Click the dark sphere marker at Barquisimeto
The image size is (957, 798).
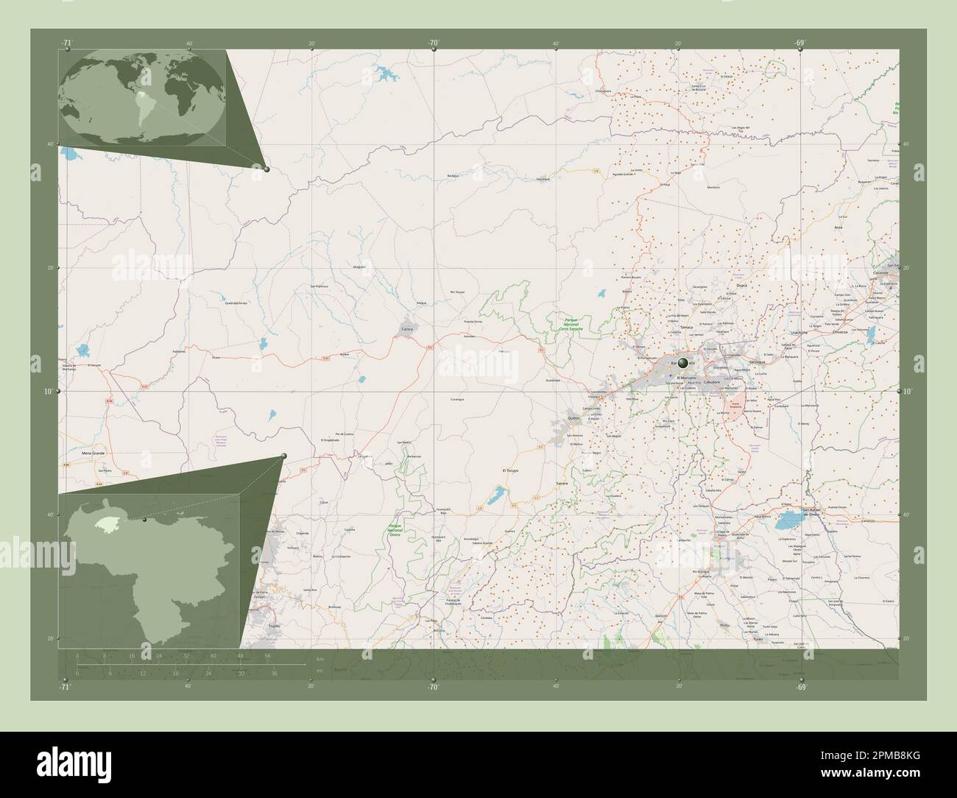coord(684,362)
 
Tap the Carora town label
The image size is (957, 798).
coord(407,328)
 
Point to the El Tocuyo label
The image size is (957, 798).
coord(511,470)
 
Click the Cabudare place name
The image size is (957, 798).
coord(712,383)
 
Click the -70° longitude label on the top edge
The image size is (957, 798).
coord(433,42)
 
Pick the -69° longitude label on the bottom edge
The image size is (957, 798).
coord(801,687)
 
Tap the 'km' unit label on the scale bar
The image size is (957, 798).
coord(319,658)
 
